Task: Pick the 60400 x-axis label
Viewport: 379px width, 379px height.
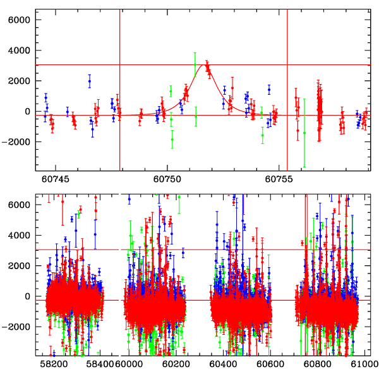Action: tap(222, 364)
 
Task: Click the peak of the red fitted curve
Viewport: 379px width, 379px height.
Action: tap(204, 64)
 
